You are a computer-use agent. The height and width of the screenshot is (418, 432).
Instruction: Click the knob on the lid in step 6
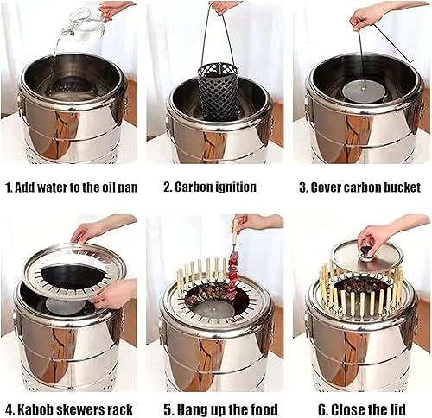tap(367, 251)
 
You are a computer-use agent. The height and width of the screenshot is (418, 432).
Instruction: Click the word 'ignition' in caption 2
tap(232, 187)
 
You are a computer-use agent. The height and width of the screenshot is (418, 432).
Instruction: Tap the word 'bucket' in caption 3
tap(402, 187)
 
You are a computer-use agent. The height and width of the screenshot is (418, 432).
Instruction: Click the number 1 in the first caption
tap(8, 187)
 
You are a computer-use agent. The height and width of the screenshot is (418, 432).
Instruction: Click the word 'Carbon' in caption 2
tap(182, 187)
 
